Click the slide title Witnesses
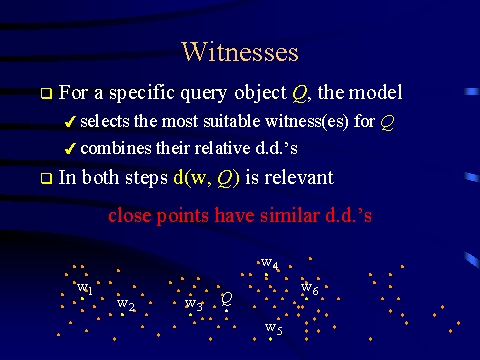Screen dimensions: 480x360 (x=240, y=52)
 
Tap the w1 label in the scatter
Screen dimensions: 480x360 (x=85, y=288)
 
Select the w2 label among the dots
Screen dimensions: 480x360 (x=126, y=305)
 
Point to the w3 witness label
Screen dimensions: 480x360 (x=194, y=304)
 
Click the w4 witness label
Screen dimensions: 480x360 (x=270, y=263)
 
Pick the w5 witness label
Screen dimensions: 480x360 (x=274, y=328)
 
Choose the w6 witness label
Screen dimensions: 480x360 (x=310, y=288)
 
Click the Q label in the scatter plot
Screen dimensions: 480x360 (x=227, y=299)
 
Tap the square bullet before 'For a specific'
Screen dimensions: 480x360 (x=46, y=93)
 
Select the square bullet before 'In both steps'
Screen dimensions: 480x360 (x=46, y=178)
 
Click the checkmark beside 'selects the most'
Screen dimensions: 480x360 (x=70, y=122)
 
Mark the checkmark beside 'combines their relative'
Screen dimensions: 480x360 (x=70, y=149)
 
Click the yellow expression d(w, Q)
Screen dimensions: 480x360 (x=206, y=178)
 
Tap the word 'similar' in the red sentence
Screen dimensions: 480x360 (x=289, y=215)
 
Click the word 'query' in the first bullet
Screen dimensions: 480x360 (x=204, y=94)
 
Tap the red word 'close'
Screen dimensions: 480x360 (x=130, y=215)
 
